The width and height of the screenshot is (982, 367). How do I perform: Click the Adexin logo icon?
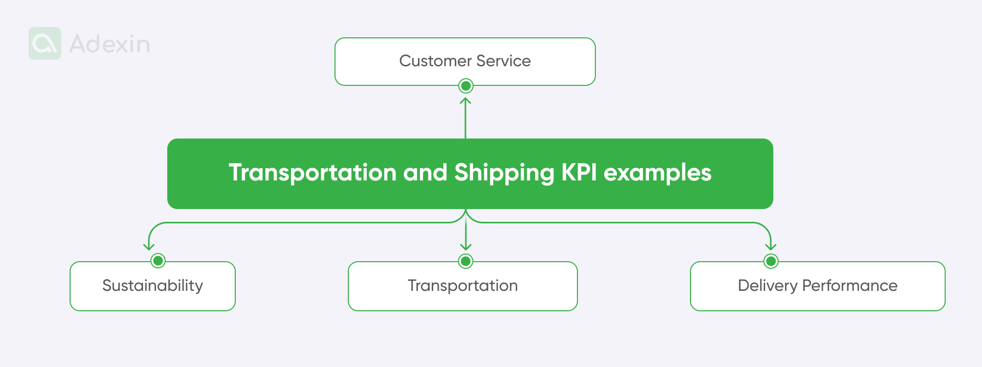pos(45,43)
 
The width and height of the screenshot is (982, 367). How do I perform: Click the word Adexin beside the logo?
pos(109,44)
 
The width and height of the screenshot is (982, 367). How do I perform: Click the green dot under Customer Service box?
pos(465,86)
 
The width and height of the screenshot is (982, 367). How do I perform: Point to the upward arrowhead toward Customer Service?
pos(465,100)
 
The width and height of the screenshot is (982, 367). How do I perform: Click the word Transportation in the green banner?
pos(313,173)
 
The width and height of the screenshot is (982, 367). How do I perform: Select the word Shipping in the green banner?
pos(504,173)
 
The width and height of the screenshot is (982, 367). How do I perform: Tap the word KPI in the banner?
pos(579,173)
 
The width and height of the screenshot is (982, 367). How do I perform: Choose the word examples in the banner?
pos(657,173)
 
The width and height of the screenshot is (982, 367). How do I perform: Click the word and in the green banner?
pos(425,173)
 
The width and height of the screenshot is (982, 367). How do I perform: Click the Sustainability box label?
pos(152,285)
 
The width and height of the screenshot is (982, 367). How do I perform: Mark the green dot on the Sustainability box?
pos(158,261)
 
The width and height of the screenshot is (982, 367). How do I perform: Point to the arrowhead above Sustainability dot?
pos(149,247)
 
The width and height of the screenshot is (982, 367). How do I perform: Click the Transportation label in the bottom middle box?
pos(462,285)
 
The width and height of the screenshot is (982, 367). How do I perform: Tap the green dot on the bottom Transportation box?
pos(465,261)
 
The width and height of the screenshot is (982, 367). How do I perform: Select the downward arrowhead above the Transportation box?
pos(465,247)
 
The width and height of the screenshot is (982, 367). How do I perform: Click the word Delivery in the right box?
pos(767,285)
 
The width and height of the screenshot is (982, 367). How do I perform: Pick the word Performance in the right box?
pos(850,285)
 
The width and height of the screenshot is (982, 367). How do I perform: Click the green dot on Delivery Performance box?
pos(771,261)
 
